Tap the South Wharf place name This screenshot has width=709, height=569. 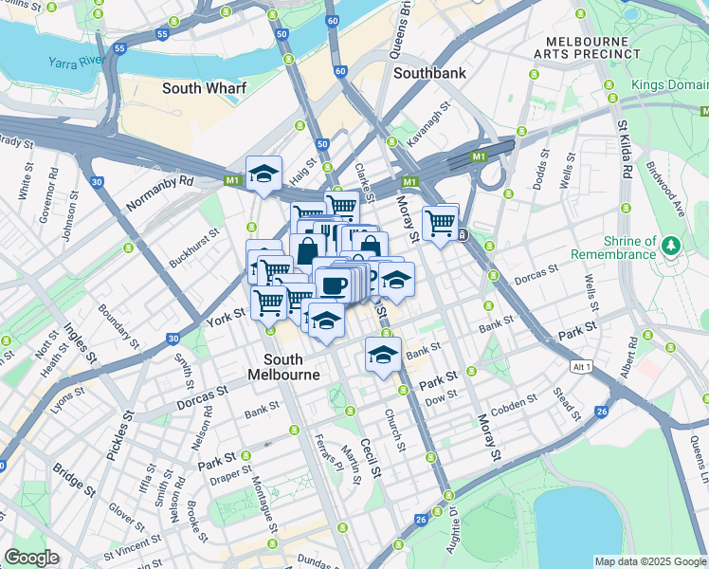click(x=204, y=88)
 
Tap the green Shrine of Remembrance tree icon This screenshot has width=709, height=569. click(x=672, y=246)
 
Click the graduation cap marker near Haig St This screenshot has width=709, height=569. click(x=264, y=174)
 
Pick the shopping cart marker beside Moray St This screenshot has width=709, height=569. click(x=441, y=223)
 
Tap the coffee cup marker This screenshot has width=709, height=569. click(x=333, y=284)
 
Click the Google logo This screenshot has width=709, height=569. click(x=31, y=558)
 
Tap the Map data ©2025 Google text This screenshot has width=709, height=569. click(x=649, y=561)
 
